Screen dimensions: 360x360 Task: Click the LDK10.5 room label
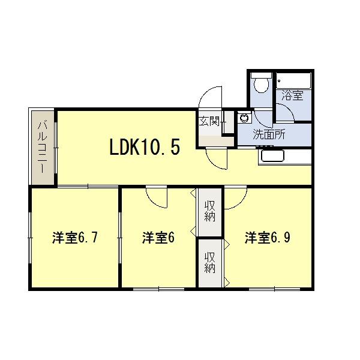[x=144, y=146]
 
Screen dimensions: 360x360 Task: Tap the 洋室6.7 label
[x=74, y=238]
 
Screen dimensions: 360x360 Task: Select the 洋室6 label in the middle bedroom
[x=158, y=238]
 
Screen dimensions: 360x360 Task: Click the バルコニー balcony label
[x=42, y=147]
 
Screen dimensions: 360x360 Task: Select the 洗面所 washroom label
[x=268, y=134]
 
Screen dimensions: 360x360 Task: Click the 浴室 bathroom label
[x=293, y=95]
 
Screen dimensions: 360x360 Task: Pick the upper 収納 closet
[x=209, y=212]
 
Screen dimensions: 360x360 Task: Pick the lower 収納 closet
[x=209, y=263]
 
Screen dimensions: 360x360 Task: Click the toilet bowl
[x=260, y=85]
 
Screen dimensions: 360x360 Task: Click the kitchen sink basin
[x=273, y=157]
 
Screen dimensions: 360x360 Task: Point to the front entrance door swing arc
[x=210, y=96]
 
